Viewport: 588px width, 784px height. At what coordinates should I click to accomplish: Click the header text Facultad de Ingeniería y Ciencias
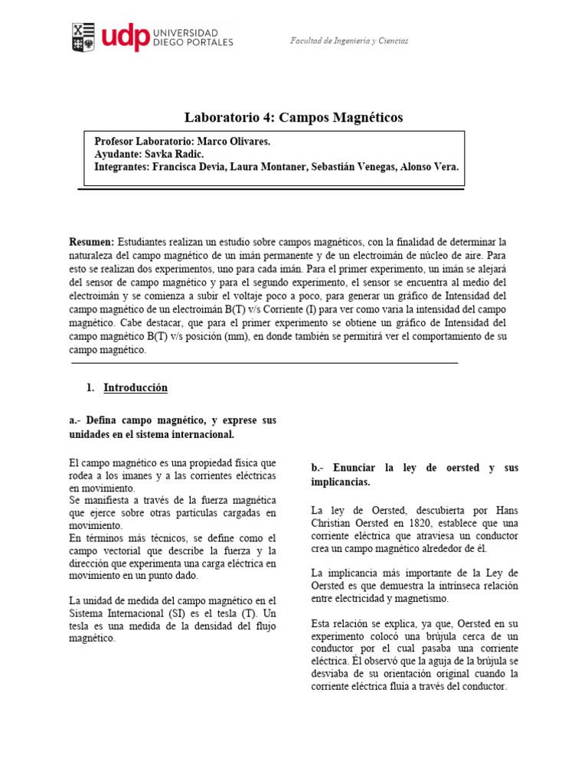(348, 41)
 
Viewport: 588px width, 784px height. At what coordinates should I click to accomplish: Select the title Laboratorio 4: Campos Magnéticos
(293, 117)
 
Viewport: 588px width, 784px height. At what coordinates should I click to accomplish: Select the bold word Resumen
(91, 242)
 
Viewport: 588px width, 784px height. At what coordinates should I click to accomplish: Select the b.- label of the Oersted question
(319, 468)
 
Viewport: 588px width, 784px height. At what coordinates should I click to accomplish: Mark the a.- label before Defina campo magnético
(76, 421)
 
